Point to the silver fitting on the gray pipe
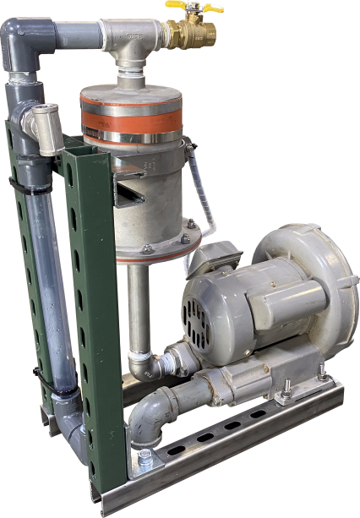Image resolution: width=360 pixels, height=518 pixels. coord(40,125)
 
